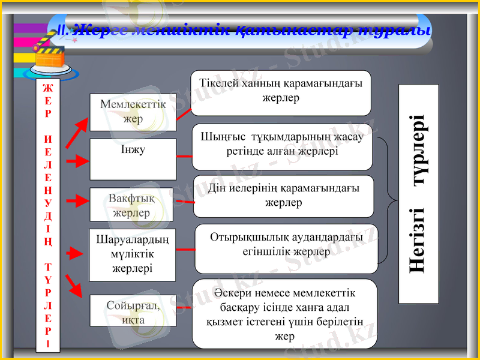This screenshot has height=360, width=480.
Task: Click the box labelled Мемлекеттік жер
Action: [133, 112]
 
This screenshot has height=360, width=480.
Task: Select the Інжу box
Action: [133, 159]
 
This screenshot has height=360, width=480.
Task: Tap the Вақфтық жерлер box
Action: [131, 205]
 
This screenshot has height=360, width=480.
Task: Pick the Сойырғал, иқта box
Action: [133, 310]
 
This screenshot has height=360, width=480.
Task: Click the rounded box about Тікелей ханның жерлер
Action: [281, 92]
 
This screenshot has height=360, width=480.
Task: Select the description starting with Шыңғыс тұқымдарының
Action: [282, 146]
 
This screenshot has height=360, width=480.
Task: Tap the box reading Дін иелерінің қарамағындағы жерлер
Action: [283, 196]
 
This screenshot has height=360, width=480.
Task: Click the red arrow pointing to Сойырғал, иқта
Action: [74, 287]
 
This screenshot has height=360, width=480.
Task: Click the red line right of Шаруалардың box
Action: [185, 249]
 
